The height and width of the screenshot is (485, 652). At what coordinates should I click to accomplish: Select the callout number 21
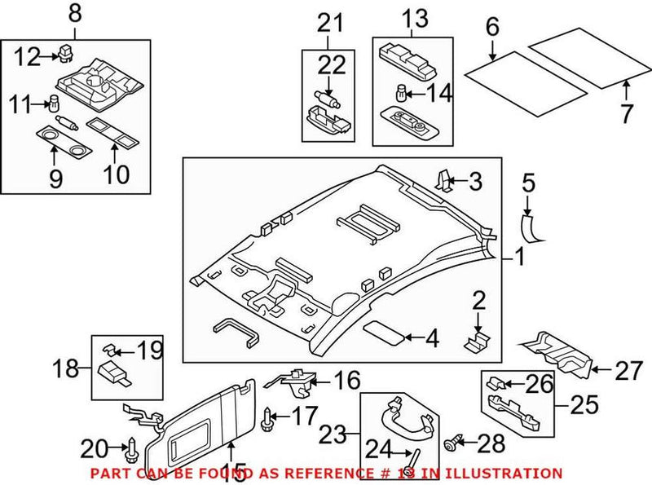click(331, 24)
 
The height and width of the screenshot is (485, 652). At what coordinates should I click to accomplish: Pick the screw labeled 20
click(131, 448)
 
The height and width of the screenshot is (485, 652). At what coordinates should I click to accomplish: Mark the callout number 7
click(625, 113)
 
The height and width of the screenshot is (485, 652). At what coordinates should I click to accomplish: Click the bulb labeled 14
click(402, 90)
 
